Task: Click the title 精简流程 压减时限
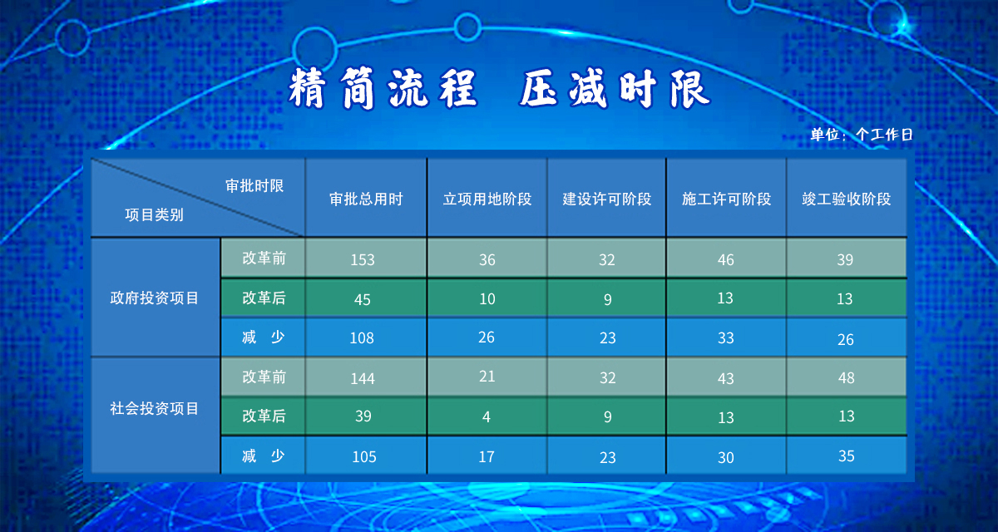(x=499, y=89)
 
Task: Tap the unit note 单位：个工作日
(x=862, y=135)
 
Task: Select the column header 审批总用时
(x=366, y=199)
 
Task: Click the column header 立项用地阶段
(x=487, y=199)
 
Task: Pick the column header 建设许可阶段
(x=607, y=199)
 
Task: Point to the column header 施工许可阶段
(x=727, y=199)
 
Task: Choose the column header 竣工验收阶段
(x=847, y=199)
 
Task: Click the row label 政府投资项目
(x=154, y=298)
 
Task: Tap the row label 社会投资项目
(x=154, y=408)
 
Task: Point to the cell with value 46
(x=726, y=259)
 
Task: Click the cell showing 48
(x=846, y=378)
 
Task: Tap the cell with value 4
(x=486, y=416)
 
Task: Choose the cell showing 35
(x=846, y=456)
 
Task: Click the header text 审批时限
(x=254, y=185)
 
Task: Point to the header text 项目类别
(x=154, y=215)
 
